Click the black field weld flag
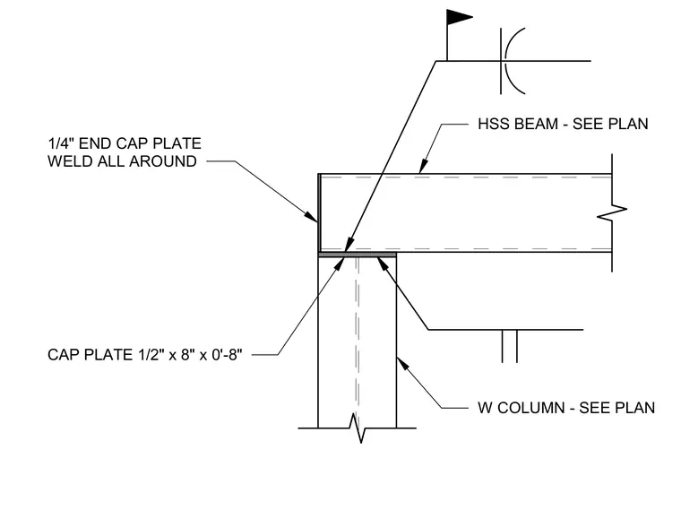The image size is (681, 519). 458,17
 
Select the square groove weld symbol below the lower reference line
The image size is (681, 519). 510,346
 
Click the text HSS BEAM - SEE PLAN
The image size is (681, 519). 563,125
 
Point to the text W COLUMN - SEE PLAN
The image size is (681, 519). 566,408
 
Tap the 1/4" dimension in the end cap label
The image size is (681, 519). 60,143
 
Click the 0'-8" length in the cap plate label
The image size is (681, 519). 227,355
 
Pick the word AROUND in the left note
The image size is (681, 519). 163,161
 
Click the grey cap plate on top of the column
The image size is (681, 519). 357,255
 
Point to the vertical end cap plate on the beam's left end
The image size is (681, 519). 319,212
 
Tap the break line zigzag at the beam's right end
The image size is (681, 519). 612,212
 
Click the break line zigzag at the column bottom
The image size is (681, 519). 357,428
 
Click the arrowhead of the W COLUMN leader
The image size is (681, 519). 402,364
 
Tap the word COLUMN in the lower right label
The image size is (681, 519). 531,408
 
